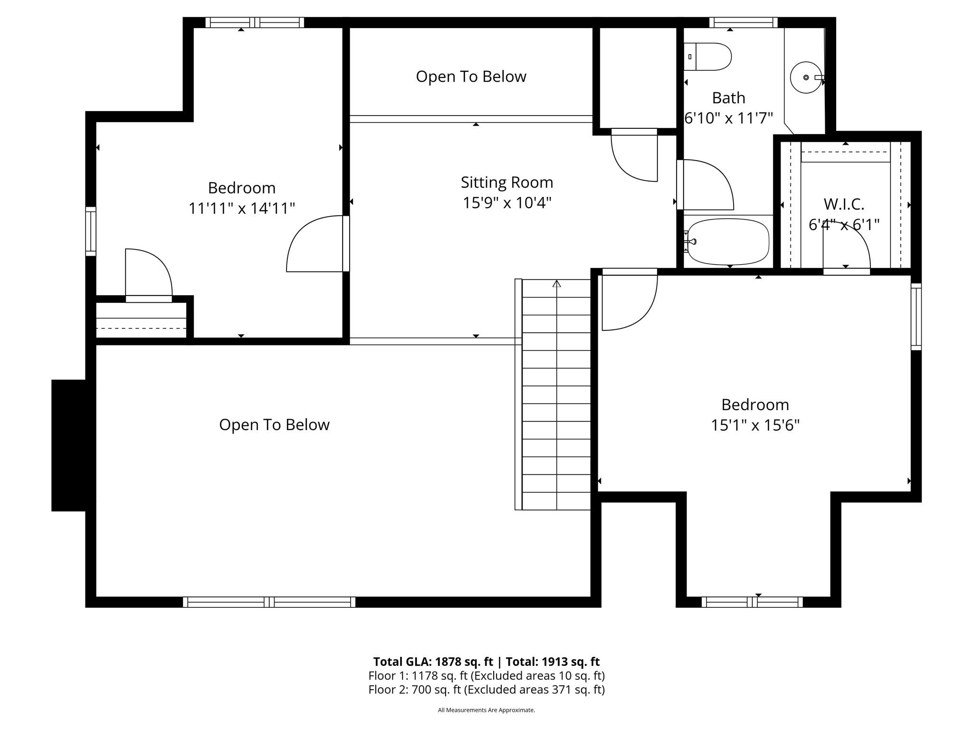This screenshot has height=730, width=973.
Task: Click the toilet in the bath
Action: click(x=707, y=57)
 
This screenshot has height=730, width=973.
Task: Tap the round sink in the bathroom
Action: click(x=806, y=77)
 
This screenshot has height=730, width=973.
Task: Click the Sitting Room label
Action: click(x=507, y=182)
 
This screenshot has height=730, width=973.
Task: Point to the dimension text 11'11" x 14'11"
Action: click(x=242, y=208)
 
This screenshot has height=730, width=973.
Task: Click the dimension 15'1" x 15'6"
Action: click(x=755, y=425)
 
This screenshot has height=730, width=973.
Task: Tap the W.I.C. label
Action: click(x=844, y=204)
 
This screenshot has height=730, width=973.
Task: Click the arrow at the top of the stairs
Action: click(x=557, y=284)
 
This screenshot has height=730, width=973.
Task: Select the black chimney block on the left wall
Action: click(x=68, y=445)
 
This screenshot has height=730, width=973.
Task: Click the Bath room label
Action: click(x=728, y=98)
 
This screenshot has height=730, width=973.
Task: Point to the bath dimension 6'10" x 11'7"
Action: click(x=728, y=118)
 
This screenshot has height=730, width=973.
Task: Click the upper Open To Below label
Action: click(x=471, y=77)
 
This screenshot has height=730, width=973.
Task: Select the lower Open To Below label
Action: click(x=274, y=425)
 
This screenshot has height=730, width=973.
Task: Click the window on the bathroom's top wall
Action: click(x=744, y=22)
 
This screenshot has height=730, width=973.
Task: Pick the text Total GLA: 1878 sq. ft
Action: click(x=433, y=662)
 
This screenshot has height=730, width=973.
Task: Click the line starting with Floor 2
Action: click(x=486, y=690)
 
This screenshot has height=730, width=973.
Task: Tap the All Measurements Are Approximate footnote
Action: click(x=486, y=710)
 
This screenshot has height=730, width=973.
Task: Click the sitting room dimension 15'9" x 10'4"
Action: click(x=507, y=203)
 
